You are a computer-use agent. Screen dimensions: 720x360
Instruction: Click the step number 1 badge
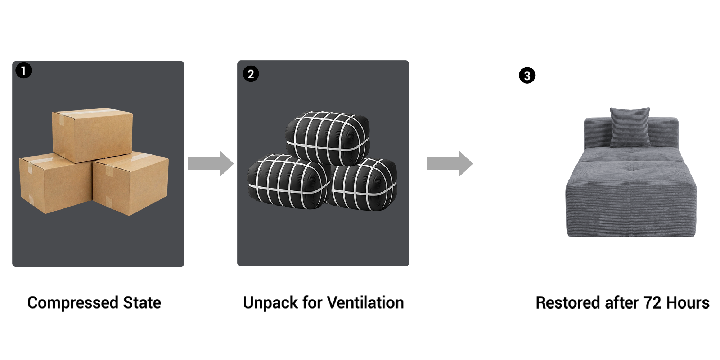point(24,71)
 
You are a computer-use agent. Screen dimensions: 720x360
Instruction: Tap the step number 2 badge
point(251,74)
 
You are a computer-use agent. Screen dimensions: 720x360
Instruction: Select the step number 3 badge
point(527,76)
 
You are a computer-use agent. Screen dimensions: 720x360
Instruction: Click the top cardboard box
point(93,135)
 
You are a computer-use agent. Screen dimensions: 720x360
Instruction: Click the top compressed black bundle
point(328,138)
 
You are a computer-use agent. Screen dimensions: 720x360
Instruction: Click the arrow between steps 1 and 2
point(211,164)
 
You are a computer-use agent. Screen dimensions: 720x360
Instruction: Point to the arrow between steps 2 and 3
point(450,164)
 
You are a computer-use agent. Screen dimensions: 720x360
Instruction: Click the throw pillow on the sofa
point(630,127)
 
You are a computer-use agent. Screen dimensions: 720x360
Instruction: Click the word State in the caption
point(142,303)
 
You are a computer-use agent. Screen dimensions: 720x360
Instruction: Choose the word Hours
point(688,303)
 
